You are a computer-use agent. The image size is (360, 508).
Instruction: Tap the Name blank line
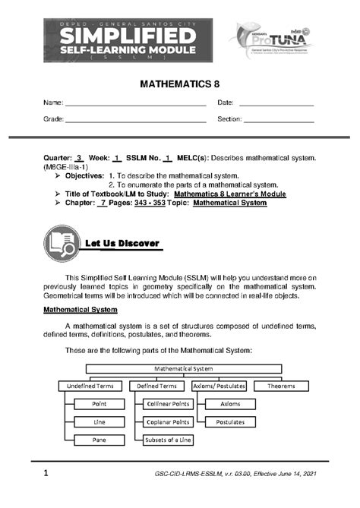pyautogui.click(x=135, y=105)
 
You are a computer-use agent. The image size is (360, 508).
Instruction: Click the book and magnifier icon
pyautogui.click(x=62, y=242)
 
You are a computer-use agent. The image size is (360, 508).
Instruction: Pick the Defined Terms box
pyautogui.click(x=156, y=387)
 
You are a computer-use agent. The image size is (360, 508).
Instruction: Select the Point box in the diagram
pyautogui.click(x=98, y=404)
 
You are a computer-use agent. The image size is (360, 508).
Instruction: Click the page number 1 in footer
pyautogui.click(x=46, y=475)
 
